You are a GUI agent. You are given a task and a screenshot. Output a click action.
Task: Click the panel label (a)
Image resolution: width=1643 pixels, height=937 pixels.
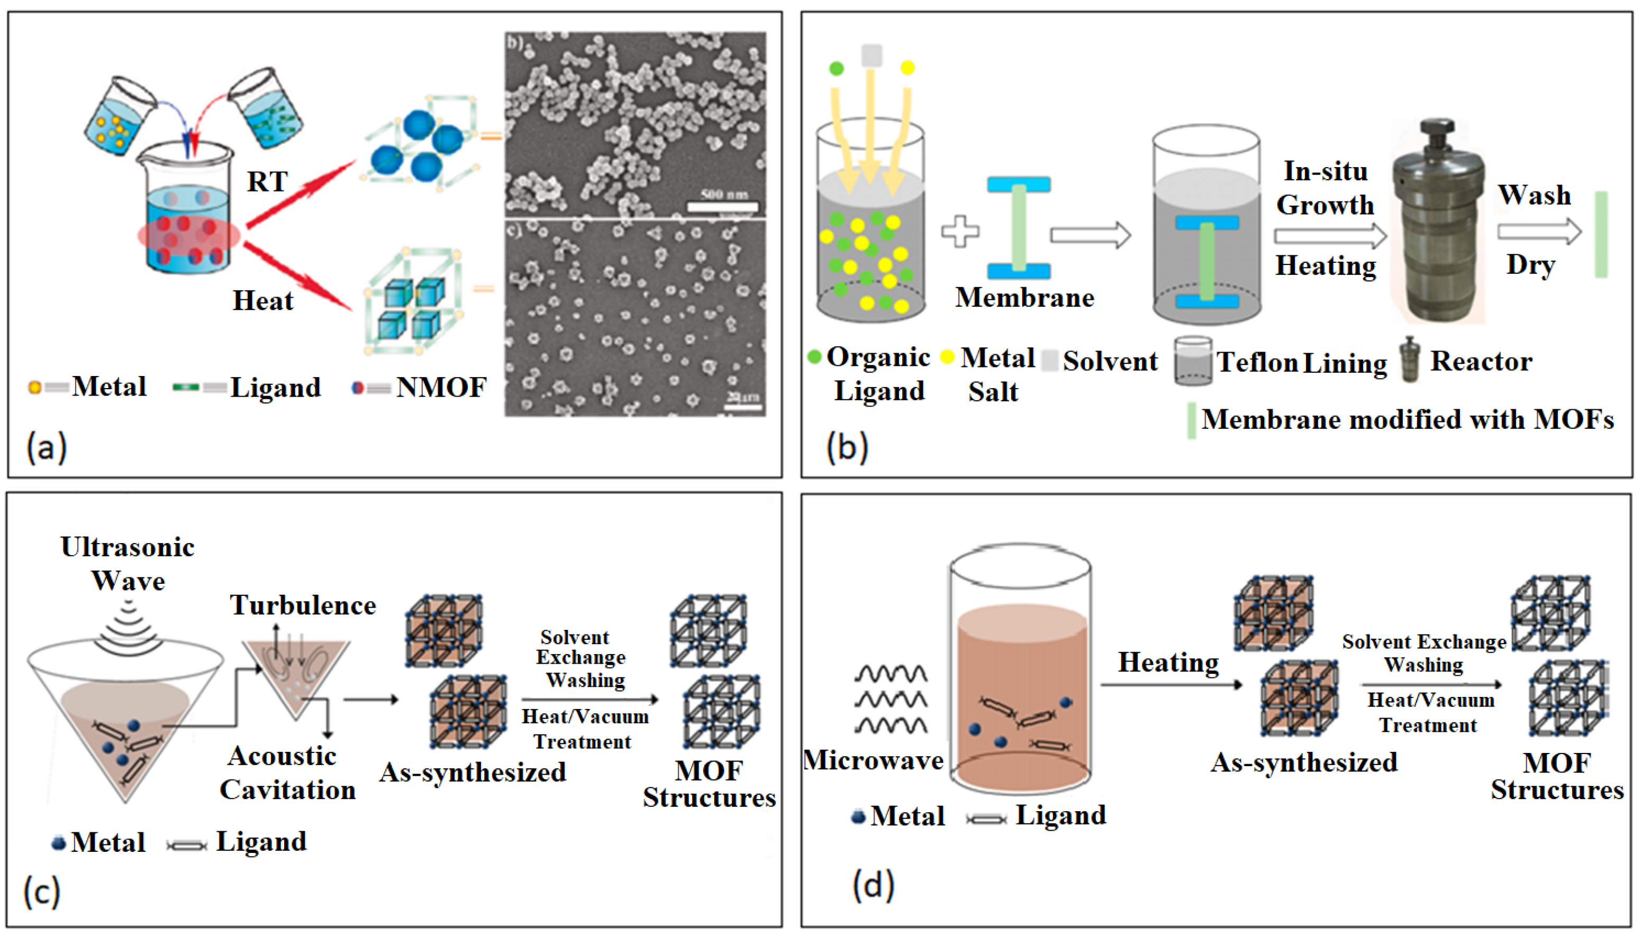point(47,447)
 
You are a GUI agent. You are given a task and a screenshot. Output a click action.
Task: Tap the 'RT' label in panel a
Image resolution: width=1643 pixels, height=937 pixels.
point(267,182)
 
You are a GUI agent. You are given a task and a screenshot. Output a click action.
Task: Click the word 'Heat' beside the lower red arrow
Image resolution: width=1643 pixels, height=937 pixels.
point(262,300)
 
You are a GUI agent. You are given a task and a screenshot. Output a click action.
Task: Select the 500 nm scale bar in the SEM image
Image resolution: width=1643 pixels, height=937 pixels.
point(722,206)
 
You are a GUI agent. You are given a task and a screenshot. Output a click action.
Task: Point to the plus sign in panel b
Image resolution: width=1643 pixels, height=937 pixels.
point(960,232)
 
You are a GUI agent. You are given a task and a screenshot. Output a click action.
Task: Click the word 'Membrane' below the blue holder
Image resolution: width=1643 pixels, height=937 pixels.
point(1024,298)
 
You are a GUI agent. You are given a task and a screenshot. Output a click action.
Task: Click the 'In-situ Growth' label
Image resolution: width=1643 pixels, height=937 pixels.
point(1326,188)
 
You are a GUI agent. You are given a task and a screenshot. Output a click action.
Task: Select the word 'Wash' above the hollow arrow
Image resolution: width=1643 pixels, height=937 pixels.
point(1534,195)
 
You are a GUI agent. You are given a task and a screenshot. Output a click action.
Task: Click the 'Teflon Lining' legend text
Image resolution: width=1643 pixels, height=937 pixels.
point(1301,362)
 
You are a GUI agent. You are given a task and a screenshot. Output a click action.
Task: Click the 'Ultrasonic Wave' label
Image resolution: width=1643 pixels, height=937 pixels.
point(128,564)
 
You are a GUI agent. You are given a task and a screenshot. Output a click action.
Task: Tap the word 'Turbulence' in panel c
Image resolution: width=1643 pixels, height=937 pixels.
point(303,605)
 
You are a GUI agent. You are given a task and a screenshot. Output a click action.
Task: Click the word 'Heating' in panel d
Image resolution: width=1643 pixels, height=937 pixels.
point(1168,662)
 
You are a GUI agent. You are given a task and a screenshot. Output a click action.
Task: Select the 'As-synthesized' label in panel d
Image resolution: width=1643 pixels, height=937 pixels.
point(1304,763)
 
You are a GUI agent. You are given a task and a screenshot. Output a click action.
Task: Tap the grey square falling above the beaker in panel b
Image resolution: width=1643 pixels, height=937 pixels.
point(871,56)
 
